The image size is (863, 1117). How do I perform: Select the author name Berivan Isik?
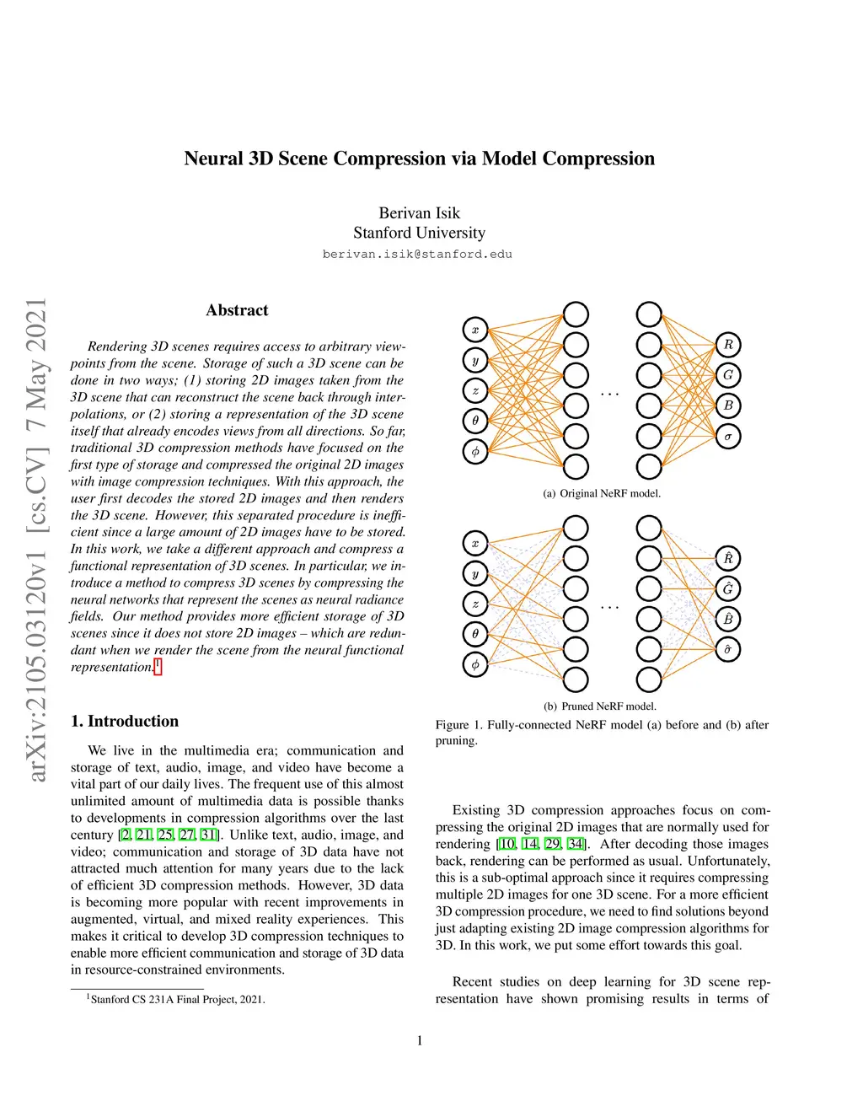tap(419, 212)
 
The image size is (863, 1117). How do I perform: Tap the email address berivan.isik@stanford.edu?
tap(417, 254)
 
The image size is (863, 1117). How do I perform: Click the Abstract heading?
tap(237, 310)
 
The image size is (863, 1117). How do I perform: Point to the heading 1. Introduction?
tap(125, 721)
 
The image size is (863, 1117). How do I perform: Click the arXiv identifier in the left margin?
tap(35, 540)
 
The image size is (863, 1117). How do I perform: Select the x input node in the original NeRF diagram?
tap(475, 330)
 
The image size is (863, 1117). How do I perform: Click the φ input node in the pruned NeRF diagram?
tap(475, 664)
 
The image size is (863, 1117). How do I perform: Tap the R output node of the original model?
tap(728, 344)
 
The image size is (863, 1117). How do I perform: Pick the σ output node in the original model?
tap(728, 436)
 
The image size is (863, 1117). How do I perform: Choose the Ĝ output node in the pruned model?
tap(728, 588)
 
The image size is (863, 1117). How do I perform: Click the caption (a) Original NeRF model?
tap(602, 493)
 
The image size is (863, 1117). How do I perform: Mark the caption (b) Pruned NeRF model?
tap(600, 706)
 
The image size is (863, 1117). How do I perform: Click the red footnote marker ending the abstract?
tap(158, 667)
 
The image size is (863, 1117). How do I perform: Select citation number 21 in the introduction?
tap(144, 835)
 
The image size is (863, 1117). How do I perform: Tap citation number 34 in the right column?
tap(576, 844)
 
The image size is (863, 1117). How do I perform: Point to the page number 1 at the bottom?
tap(420, 1040)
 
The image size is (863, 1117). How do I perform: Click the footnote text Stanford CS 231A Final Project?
tap(177, 999)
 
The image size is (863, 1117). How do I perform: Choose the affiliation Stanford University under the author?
tap(419, 233)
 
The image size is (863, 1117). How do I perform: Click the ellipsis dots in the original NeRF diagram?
tap(609, 394)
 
